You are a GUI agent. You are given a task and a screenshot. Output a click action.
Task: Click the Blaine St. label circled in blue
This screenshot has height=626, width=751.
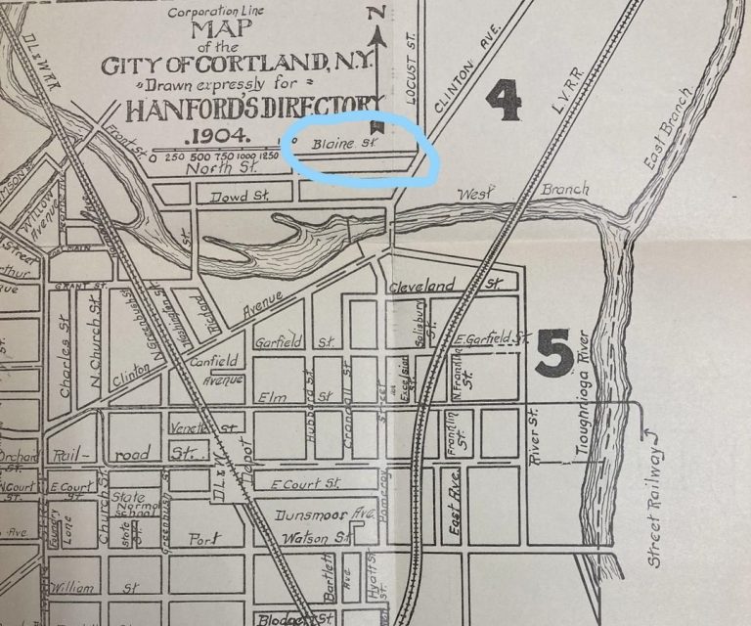(x=338, y=144)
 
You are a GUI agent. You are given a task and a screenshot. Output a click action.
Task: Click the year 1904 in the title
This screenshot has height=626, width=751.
(x=224, y=135)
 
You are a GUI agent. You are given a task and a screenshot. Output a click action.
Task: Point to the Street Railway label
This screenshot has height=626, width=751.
(x=656, y=504)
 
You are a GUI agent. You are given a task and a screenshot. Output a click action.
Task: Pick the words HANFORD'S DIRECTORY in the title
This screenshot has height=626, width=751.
(x=239, y=106)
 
